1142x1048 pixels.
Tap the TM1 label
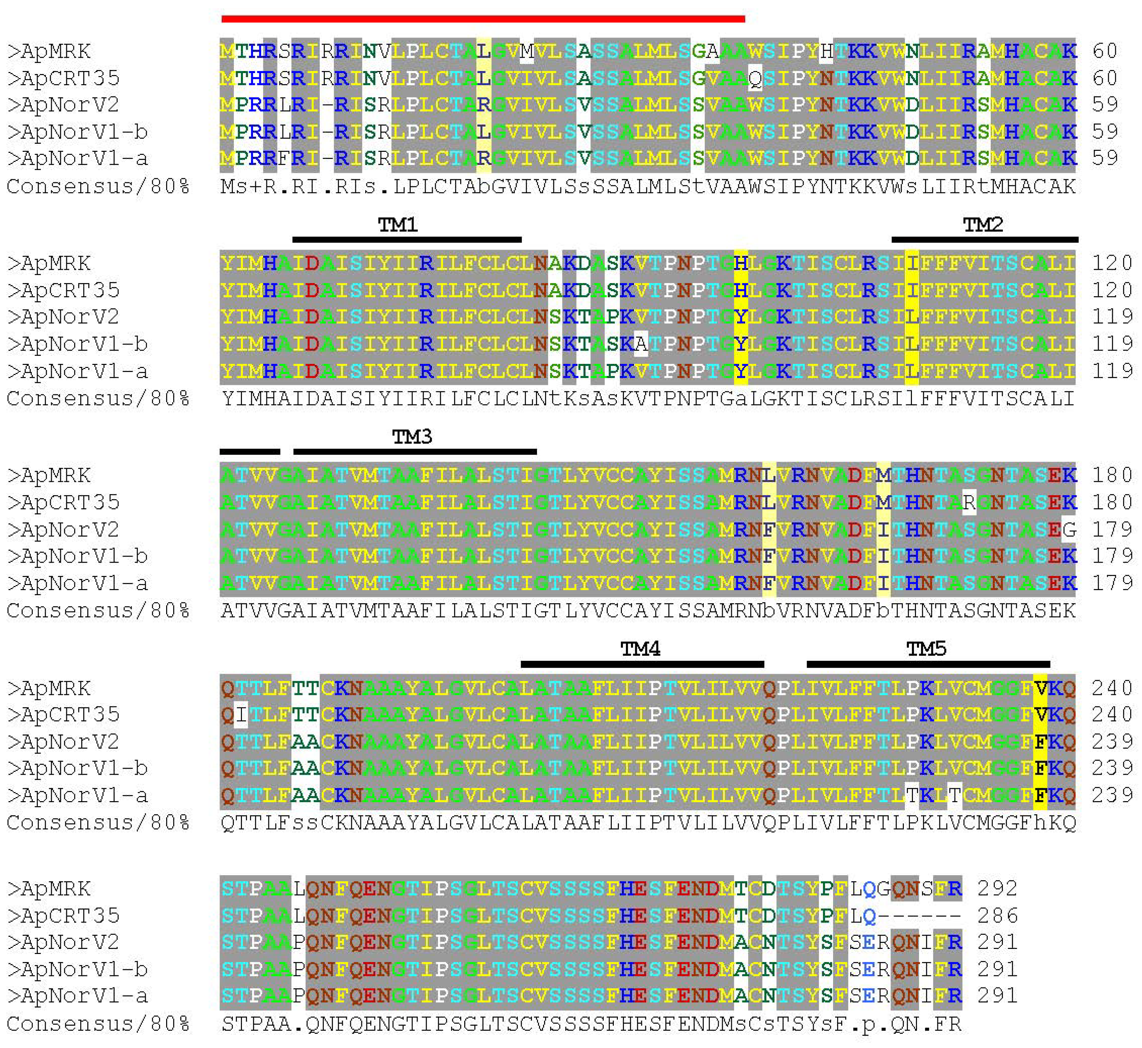pyautogui.click(x=398, y=225)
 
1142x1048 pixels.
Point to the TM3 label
pyautogui.click(x=412, y=437)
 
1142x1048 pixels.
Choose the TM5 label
pyautogui.click(x=926, y=649)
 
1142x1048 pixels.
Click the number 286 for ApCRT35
pyautogui.click(x=997, y=916)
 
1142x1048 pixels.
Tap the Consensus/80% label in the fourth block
pyautogui.click(x=97, y=822)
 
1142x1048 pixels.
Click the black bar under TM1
pyautogui.click(x=407, y=240)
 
